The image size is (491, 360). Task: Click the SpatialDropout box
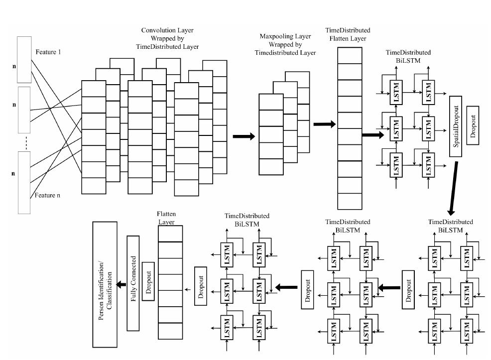point(456,125)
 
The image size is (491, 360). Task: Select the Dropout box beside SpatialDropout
point(473,125)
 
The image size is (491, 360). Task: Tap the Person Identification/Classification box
point(105,284)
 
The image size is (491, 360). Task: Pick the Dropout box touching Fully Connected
point(147,281)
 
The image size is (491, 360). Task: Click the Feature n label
point(47,195)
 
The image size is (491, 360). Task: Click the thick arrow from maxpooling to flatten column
point(324,124)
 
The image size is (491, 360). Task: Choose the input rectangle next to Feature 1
point(24,59)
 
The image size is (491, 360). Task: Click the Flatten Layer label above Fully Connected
point(166,218)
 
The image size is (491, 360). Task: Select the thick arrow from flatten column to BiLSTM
point(373,134)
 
